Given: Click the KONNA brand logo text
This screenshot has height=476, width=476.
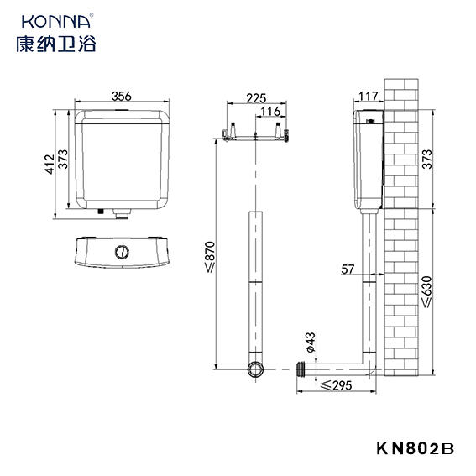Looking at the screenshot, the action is [x=56, y=21].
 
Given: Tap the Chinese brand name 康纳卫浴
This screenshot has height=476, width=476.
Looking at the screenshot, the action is [x=56, y=44].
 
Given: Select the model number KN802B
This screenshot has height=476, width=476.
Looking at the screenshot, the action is [x=416, y=448].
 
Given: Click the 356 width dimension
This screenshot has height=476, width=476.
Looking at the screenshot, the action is [x=122, y=97].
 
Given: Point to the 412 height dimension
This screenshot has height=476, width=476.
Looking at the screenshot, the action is [x=50, y=165].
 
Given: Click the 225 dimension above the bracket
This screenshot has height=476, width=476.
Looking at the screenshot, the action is [x=256, y=98].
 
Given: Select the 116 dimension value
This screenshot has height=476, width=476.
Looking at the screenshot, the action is [x=270, y=112].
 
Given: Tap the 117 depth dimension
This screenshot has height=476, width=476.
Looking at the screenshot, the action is [x=369, y=97].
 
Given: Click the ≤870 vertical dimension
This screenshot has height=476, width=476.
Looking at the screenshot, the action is [x=210, y=257].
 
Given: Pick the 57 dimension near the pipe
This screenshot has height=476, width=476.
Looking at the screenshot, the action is [x=348, y=269].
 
